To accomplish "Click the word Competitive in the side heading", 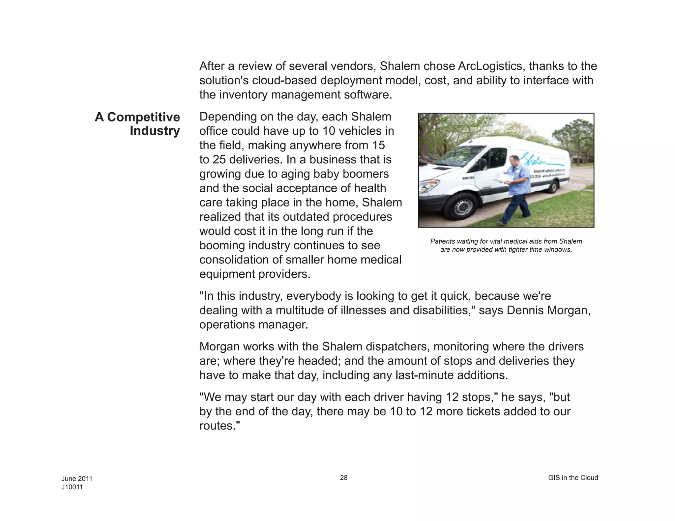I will coord(143,117).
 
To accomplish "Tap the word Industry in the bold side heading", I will coord(155,131).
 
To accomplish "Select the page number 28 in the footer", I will coord(343,478).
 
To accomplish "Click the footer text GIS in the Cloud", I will coord(573,478).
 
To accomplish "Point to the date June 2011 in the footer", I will coord(77,479).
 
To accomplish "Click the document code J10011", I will coord(72,487).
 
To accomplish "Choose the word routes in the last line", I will coord(217,426).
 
